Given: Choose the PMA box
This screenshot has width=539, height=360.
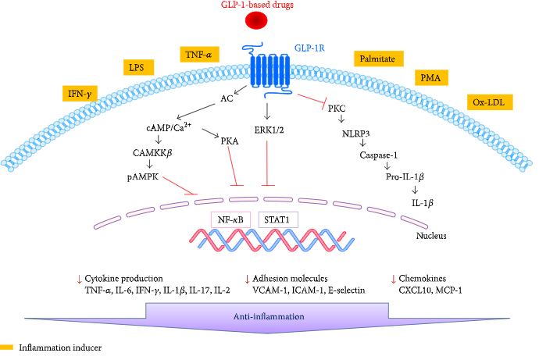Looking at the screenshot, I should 430,79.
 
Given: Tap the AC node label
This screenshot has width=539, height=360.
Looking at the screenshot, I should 227,98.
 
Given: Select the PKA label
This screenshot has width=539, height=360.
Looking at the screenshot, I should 229,141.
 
